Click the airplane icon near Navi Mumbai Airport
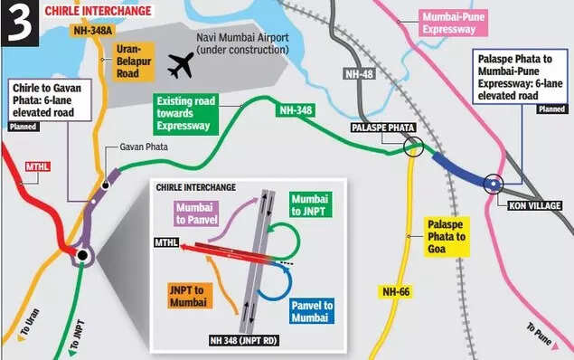point(182,64)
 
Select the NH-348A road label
point(90,31)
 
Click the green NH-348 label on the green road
point(294,109)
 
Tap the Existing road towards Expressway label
point(195,113)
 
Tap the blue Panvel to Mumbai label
point(312,312)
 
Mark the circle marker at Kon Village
point(493,184)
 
